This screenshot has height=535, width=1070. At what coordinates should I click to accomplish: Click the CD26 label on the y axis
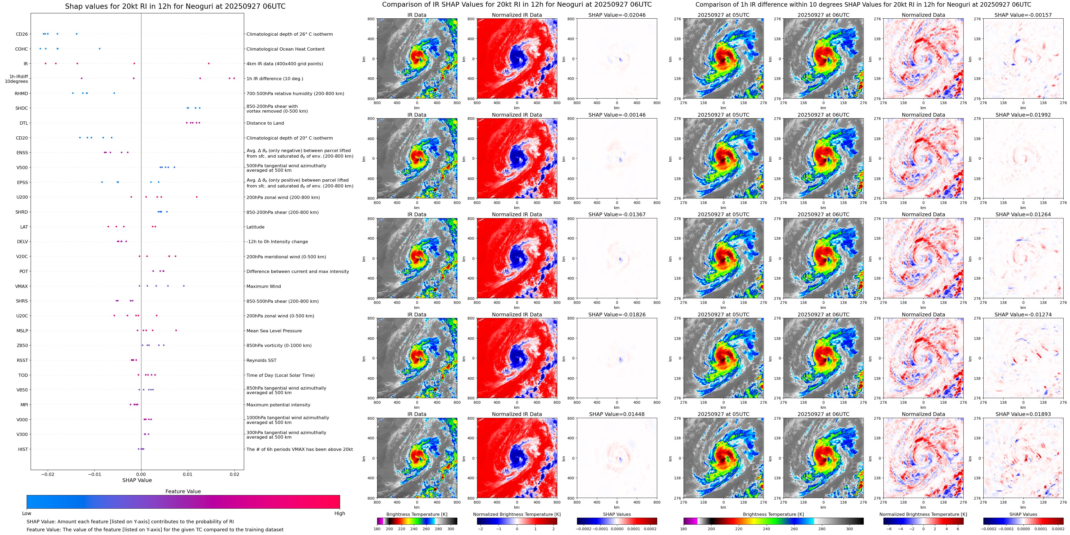(x=22, y=34)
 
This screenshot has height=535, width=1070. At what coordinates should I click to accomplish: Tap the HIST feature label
(x=23, y=449)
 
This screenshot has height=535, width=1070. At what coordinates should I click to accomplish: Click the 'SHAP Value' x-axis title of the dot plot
(x=137, y=480)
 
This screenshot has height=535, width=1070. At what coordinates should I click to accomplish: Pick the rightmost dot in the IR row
(x=208, y=63)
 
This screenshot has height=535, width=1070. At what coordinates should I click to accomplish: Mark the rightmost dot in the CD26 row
(x=76, y=34)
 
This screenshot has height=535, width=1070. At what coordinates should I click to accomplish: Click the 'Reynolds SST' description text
(x=261, y=360)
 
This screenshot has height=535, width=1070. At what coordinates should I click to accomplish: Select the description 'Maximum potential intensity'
(x=278, y=405)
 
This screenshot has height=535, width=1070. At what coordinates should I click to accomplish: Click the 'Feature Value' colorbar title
(x=183, y=491)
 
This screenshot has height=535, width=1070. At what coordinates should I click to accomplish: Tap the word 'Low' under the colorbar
(x=27, y=513)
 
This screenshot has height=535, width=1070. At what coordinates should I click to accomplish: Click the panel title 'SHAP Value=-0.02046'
(x=617, y=15)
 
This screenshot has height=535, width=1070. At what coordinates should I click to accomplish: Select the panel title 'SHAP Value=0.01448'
(x=617, y=414)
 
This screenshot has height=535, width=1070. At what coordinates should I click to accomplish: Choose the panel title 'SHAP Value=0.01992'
(x=1023, y=115)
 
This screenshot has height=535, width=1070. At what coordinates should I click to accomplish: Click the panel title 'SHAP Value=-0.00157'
(x=1023, y=15)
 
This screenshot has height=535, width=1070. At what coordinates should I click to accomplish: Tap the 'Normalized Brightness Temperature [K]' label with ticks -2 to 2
(x=517, y=514)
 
